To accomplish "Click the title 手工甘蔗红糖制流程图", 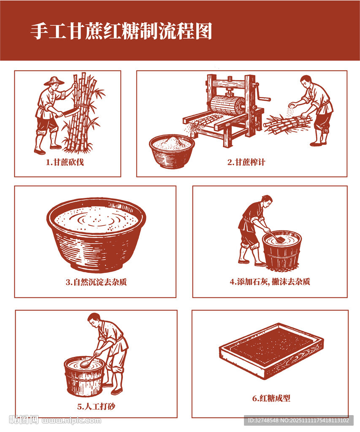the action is [x=121, y=31].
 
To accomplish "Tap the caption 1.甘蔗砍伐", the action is [x=65, y=162].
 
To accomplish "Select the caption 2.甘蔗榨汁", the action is [x=246, y=162].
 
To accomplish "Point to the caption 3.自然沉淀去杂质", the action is [x=96, y=282].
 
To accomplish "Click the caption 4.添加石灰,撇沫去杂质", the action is [x=270, y=281].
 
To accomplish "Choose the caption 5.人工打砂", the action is [x=96, y=406].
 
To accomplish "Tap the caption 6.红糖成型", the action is [x=271, y=398].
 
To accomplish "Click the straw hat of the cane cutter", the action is [x=54, y=81].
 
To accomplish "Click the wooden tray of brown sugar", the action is [x=271, y=351].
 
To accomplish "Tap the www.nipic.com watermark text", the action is [x=71, y=421].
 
